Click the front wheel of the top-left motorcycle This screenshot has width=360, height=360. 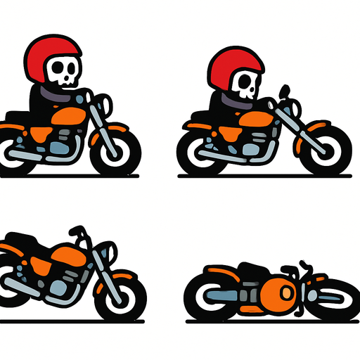pyautogui.click(x=117, y=150)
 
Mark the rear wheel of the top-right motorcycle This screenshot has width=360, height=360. pyautogui.click(x=198, y=151)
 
